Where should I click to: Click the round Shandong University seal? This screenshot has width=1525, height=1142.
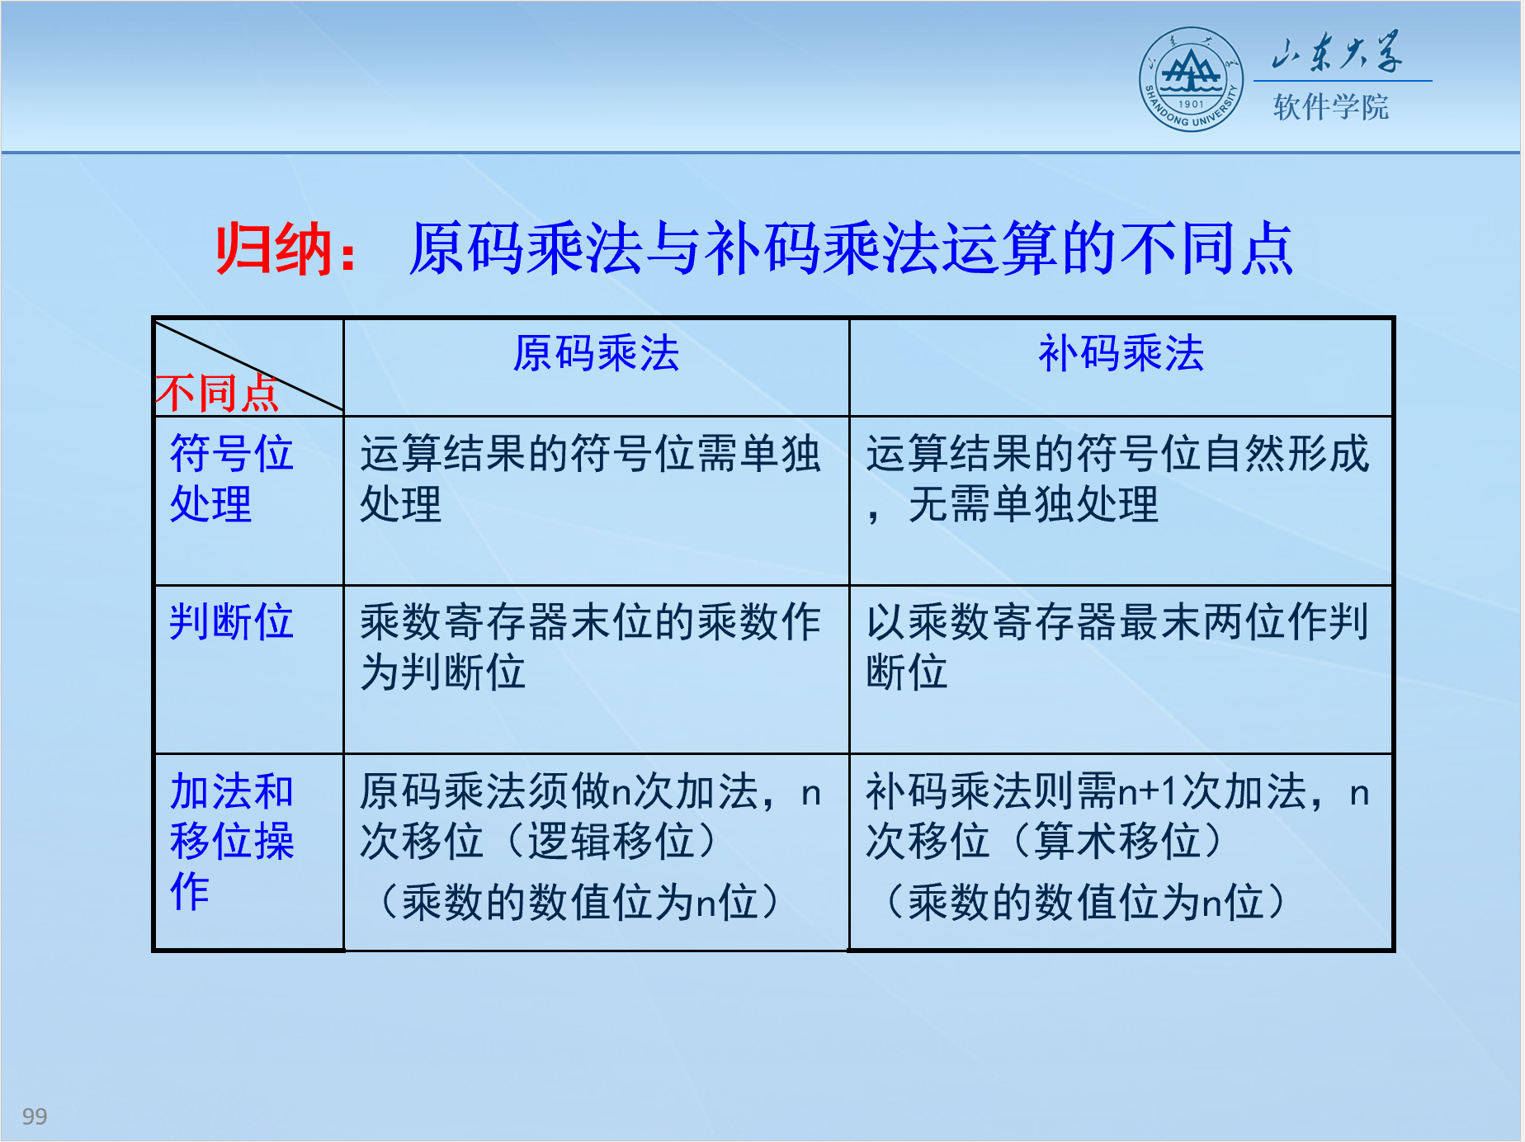click(x=1191, y=79)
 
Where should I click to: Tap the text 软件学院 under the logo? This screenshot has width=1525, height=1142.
click(x=1330, y=107)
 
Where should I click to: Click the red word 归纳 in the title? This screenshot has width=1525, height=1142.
click(x=274, y=248)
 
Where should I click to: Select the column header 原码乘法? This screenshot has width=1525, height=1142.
click(x=596, y=354)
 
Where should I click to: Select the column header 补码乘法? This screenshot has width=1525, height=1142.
click(x=1121, y=354)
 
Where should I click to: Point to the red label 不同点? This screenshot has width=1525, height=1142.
click(x=217, y=393)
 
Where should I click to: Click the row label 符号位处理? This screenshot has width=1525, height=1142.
click(x=231, y=479)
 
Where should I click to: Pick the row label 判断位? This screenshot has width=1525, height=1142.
click(x=231, y=621)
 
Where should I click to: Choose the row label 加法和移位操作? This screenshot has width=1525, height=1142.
click(x=231, y=842)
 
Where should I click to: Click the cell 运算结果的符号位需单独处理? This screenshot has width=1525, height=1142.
click(x=590, y=479)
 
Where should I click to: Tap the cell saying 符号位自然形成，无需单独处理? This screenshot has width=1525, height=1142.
click(x=1117, y=479)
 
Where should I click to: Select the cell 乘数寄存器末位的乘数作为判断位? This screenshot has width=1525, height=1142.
click(x=590, y=646)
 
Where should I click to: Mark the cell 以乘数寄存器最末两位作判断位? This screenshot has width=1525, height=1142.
click(x=1117, y=646)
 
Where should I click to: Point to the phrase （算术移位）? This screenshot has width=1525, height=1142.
click(x=1117, y=842)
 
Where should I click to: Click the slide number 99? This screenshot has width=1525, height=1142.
click(x=35, y=1116)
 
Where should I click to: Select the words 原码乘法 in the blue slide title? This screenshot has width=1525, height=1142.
click(x=526, y=248)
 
